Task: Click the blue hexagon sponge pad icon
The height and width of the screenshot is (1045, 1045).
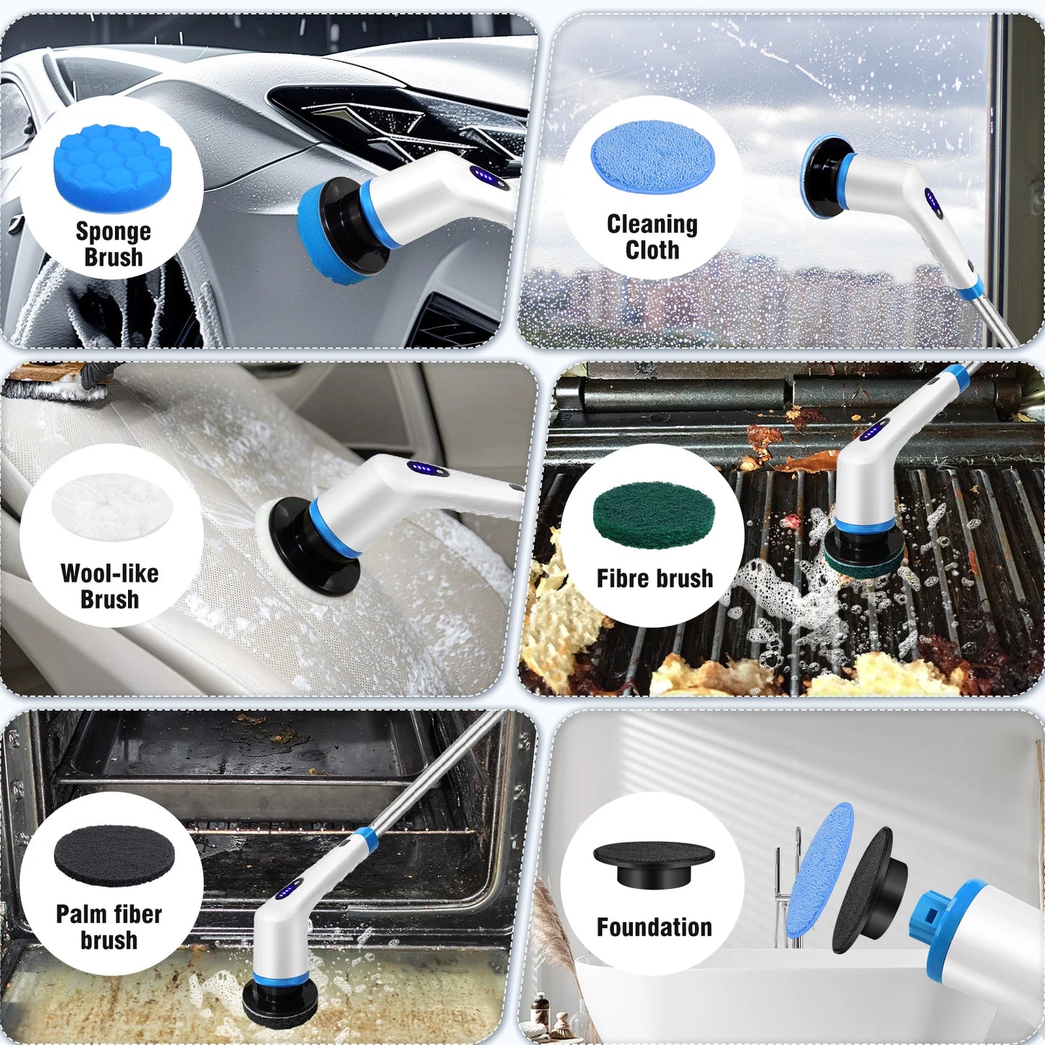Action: (x=113, y=168)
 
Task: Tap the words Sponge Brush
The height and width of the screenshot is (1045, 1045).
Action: (x=114, y=244)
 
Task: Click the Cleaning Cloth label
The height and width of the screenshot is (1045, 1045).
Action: (x=652, y=236)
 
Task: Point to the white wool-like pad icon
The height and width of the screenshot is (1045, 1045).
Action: (x=112, y=506)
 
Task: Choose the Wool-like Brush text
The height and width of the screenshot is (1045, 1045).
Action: (x=110, y=587)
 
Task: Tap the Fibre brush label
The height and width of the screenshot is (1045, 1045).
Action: (x=654, y=579)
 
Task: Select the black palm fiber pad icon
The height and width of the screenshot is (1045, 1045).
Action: (x=114, y=856)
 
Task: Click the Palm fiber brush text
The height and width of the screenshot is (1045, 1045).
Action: (x=109, y=926)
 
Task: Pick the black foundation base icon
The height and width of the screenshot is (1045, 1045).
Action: (x=654, y=864)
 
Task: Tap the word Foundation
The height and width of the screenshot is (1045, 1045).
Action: (x=654, y=927)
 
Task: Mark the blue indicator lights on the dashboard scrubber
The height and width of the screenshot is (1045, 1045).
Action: (x=483, y=177)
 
